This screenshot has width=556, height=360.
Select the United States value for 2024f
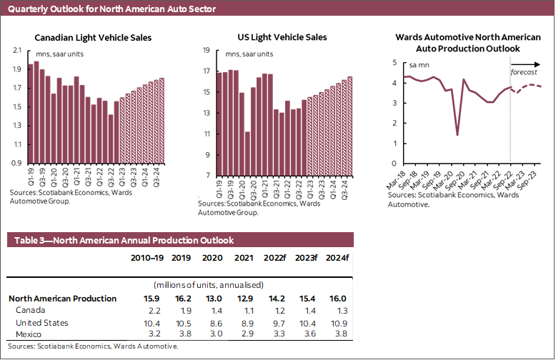[338, 323]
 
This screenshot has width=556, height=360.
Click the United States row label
[43, 323]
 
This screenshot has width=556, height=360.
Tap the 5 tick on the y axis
[395, 63]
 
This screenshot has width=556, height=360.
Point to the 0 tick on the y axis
[395, 164]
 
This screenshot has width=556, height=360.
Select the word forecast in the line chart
[524, 73]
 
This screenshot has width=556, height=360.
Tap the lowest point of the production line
[457, 135]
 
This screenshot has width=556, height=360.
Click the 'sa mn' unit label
[419, 65]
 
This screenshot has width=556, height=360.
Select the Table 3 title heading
[121, 240]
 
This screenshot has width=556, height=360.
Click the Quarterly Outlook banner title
[112, 9]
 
